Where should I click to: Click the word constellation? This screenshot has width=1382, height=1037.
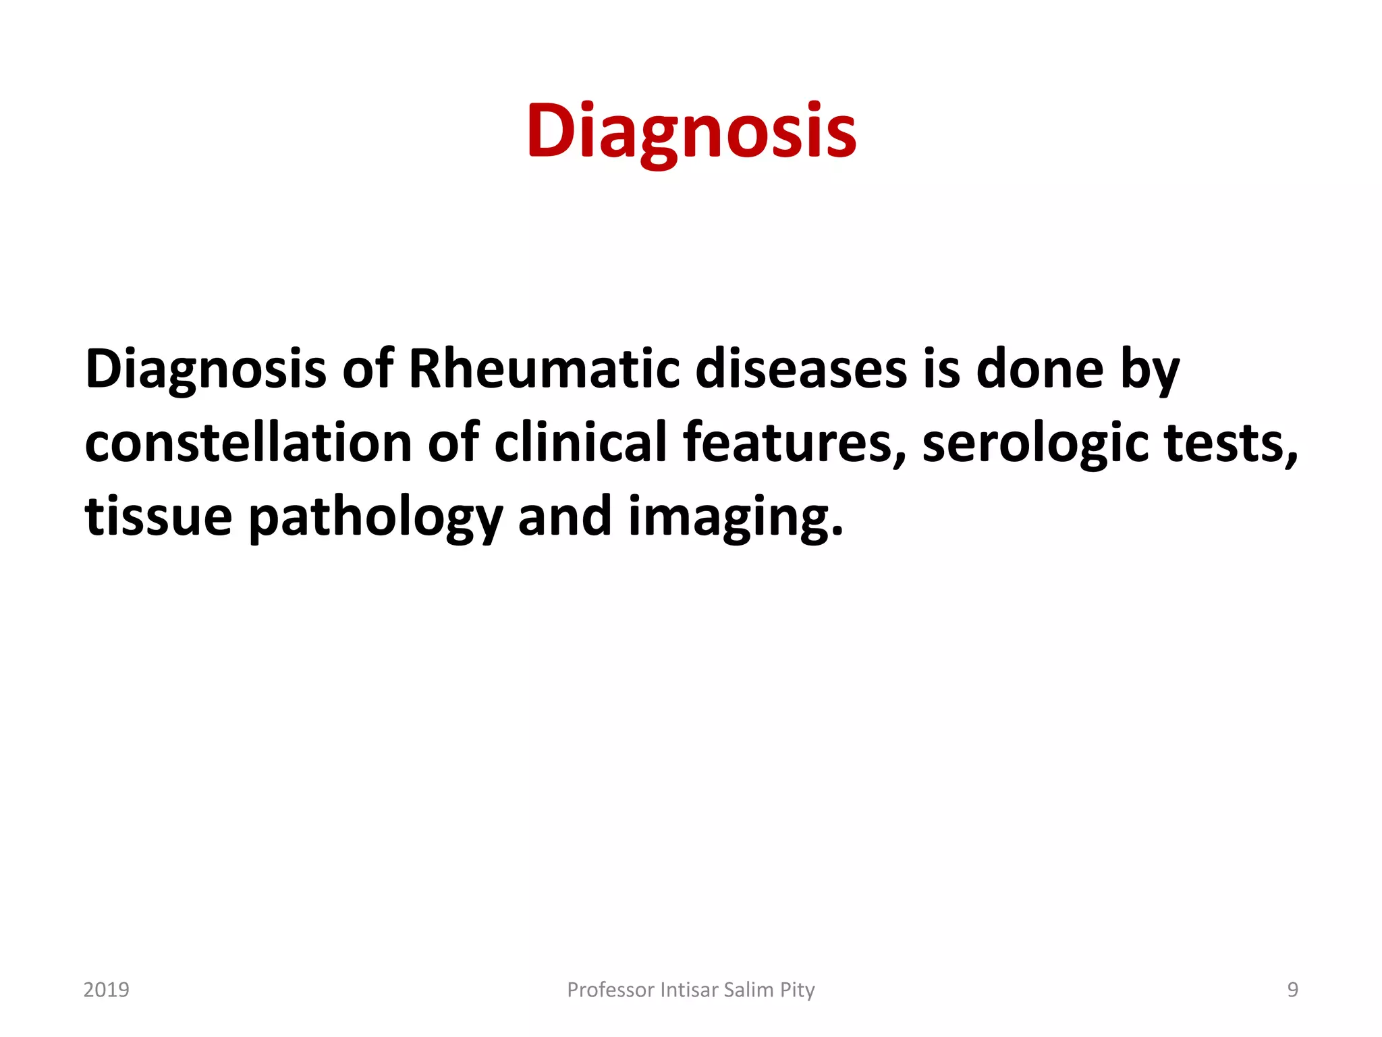248,443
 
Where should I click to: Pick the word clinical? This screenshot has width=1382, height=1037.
580,443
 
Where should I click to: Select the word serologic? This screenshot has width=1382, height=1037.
1035,443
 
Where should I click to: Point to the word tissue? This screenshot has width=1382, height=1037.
159,516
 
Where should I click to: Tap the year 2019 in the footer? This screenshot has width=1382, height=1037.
106,990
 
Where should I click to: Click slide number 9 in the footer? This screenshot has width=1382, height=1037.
1292,990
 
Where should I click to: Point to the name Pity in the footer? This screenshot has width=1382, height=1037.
798,990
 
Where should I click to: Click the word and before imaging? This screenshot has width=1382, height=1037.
564,516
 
